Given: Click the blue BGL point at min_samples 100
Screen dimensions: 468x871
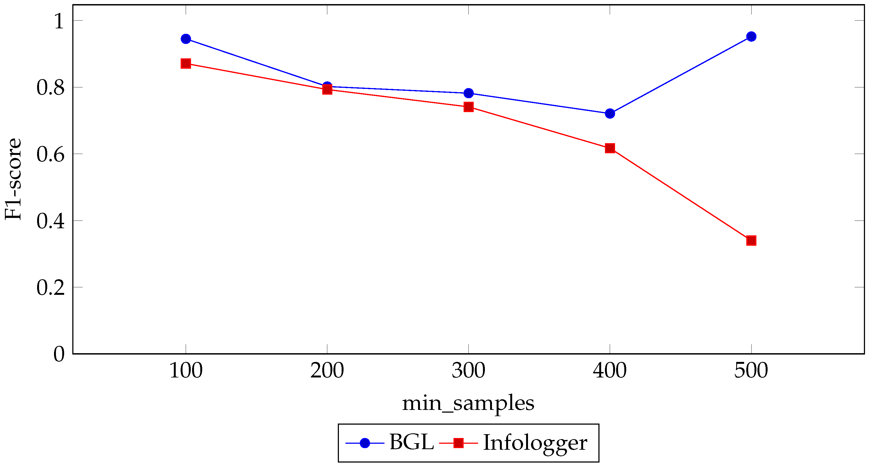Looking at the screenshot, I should click(x=186, y=39).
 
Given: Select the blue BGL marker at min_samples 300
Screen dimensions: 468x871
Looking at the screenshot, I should click(x=468, y=93).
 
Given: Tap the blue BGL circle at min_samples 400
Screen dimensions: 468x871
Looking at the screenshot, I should click(x=610, y=113).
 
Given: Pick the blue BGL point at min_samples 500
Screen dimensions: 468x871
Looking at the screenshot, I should click(x=751, y=37).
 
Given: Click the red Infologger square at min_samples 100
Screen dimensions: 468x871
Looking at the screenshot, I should click(x=186, y=64).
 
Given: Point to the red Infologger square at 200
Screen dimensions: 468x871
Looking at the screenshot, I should click(x=327, y=89).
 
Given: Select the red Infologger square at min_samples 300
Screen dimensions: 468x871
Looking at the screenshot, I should click(x=468, y=107).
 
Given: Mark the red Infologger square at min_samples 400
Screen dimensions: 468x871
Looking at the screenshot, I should click(x=610, y=148).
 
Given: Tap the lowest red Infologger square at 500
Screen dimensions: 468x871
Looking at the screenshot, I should click(x=751, y=241).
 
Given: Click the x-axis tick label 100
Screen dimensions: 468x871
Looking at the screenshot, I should click(x=186, y=371).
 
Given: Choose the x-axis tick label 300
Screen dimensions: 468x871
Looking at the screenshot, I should click(x=468, y=371).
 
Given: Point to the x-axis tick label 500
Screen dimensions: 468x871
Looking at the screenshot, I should click(x=751, y=371).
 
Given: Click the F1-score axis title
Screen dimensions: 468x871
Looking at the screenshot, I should click(x=14, y=179).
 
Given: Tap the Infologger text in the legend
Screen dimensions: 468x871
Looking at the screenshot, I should click(x=535, y=443).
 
